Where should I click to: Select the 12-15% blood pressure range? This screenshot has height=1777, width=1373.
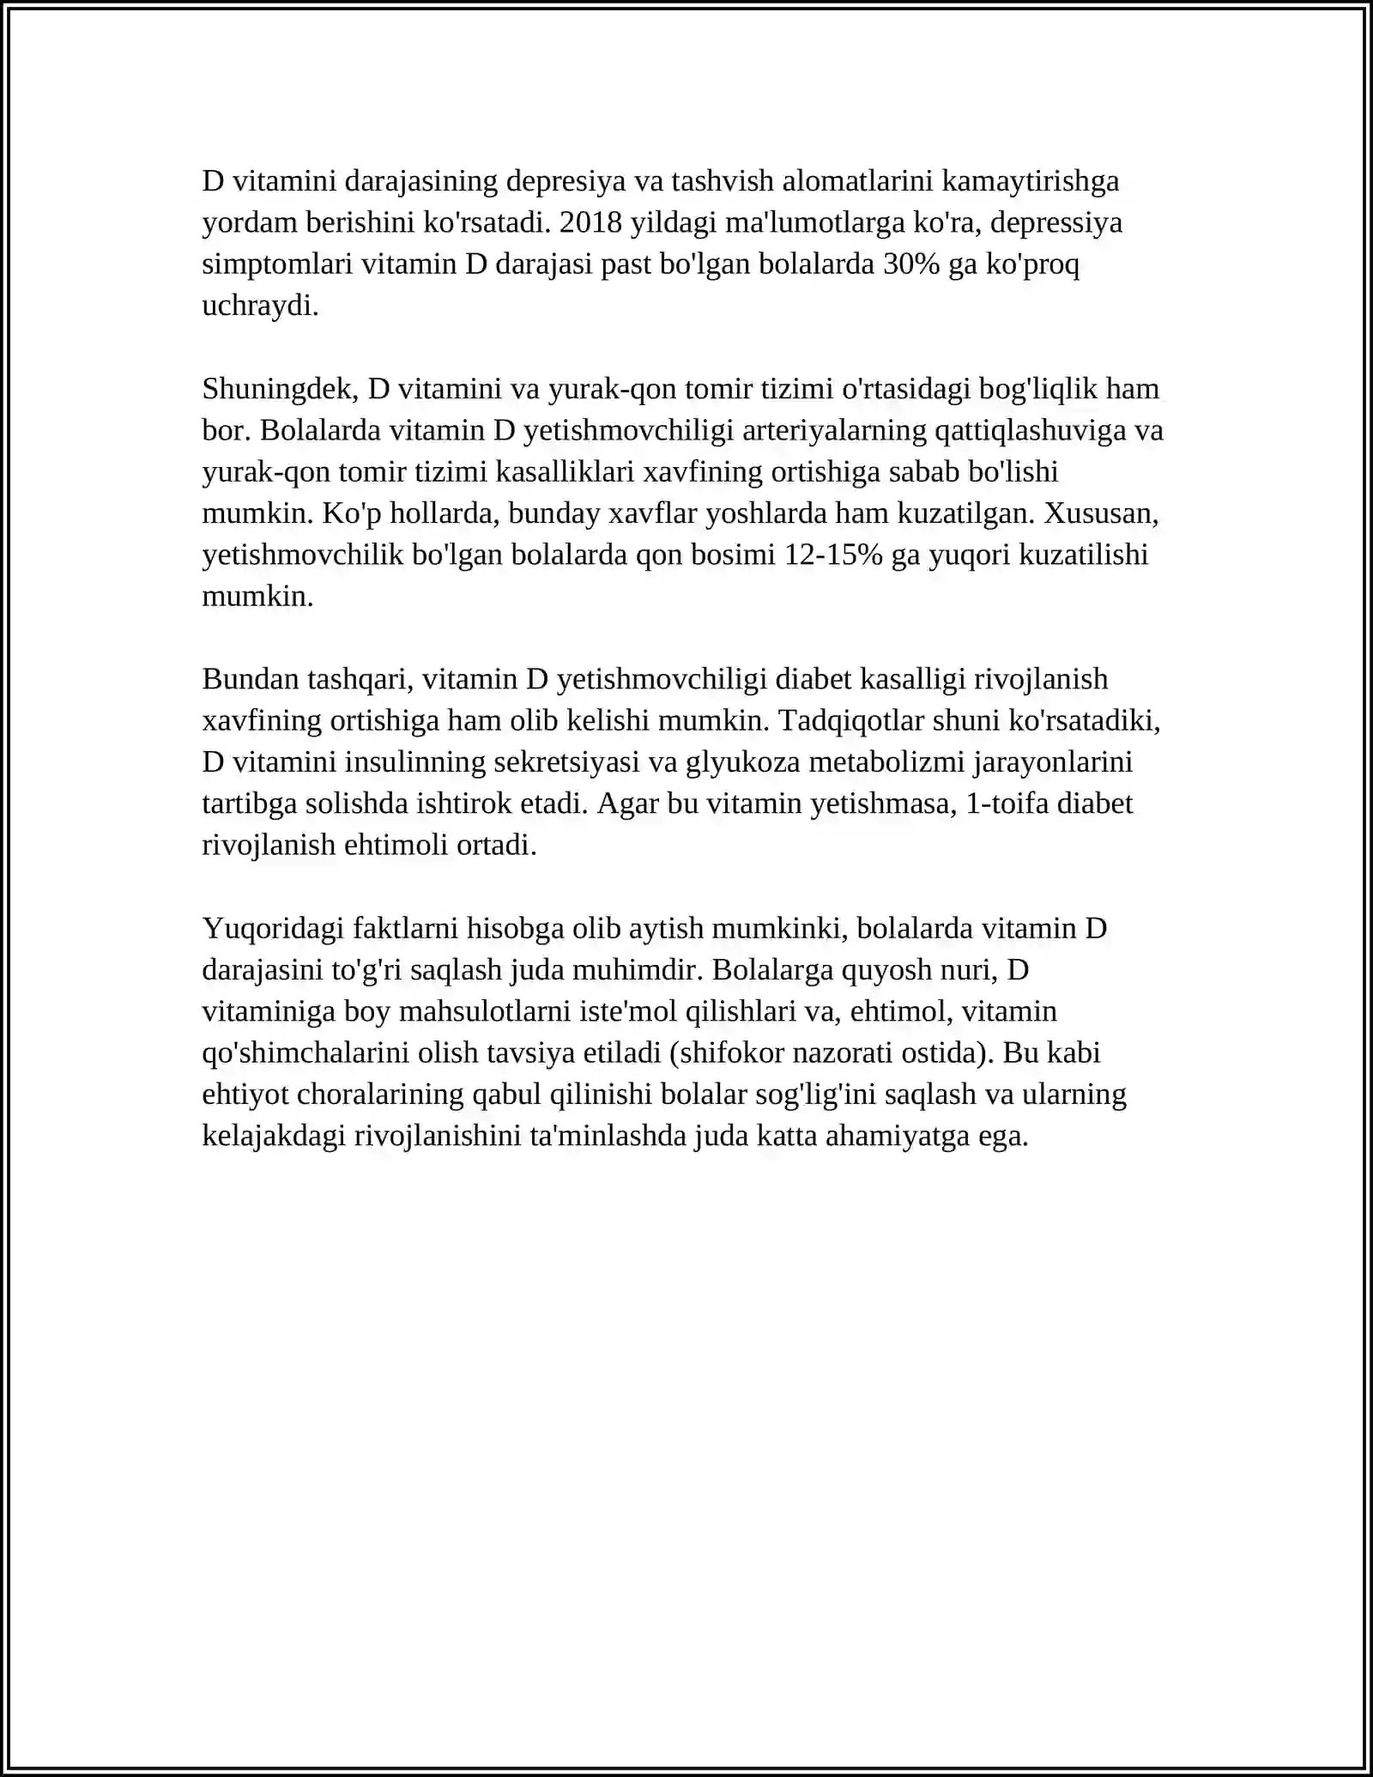[833, 555]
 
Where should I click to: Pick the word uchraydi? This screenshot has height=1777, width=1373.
[260, 306]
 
